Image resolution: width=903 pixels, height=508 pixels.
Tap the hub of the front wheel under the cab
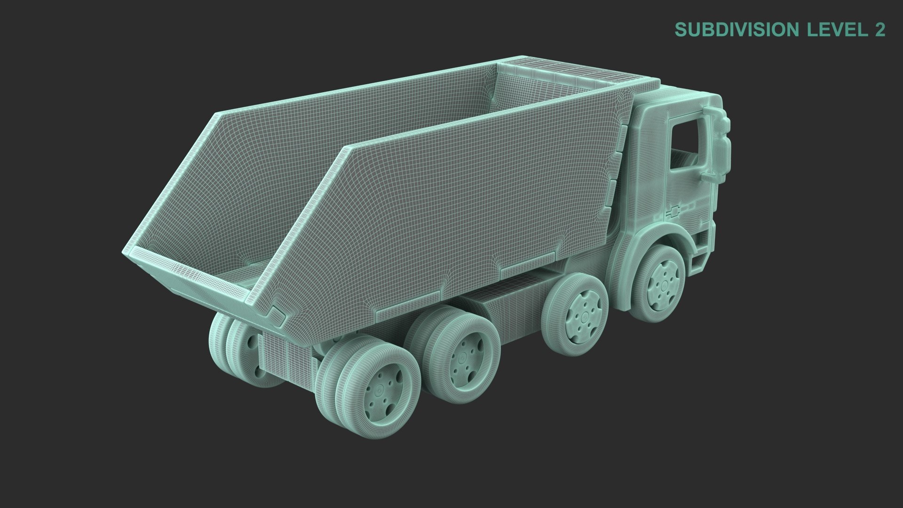(x=663, y=284)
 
